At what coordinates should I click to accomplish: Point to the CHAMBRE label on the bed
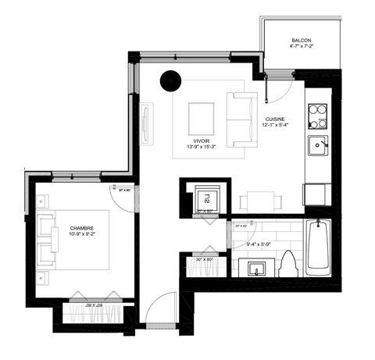click(82, 228)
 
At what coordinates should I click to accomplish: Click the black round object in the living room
click(168, 79)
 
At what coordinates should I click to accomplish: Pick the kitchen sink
click(318, 145)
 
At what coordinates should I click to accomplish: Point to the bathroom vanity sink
click(255, 269)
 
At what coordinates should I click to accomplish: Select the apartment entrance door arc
click(159, 308)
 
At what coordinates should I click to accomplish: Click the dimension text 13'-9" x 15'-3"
click(200, 145)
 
